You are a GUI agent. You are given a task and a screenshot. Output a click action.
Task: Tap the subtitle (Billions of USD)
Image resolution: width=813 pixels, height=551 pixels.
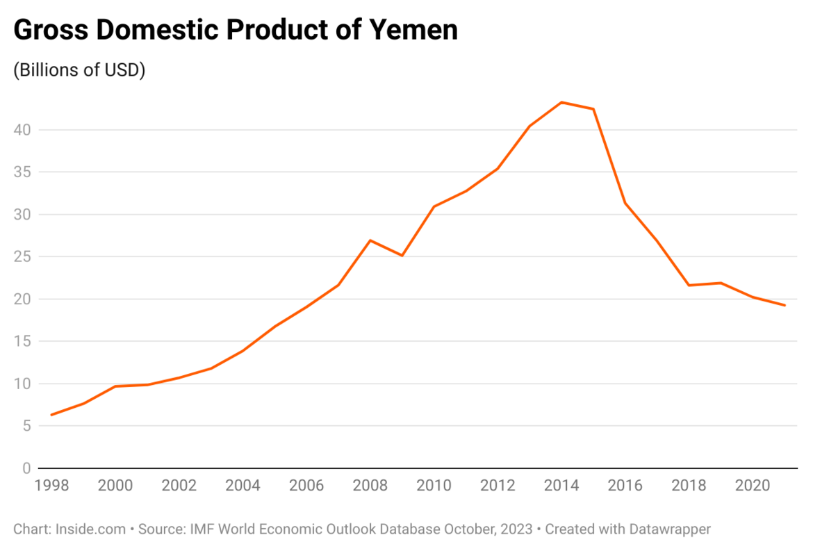79,70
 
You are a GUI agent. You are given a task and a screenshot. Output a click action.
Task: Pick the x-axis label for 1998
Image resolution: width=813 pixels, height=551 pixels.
51,486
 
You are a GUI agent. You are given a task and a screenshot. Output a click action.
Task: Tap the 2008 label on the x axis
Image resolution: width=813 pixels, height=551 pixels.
370,486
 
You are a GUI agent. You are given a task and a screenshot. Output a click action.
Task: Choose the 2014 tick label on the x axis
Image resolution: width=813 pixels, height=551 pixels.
561,486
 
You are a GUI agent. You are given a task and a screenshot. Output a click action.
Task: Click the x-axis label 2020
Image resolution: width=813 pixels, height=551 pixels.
753,486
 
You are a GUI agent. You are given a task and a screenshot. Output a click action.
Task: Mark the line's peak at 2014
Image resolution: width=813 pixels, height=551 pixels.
561,102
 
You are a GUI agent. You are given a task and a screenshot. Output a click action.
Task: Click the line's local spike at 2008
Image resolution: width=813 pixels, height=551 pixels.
370,240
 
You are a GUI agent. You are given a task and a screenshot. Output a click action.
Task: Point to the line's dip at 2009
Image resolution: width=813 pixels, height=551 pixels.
402,256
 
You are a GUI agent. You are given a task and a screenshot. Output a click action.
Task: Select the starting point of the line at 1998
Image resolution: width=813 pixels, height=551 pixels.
51,415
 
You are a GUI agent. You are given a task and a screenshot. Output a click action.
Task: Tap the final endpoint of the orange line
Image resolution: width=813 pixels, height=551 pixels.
785,305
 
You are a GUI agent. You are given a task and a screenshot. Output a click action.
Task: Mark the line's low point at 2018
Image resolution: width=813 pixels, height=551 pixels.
689,286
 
